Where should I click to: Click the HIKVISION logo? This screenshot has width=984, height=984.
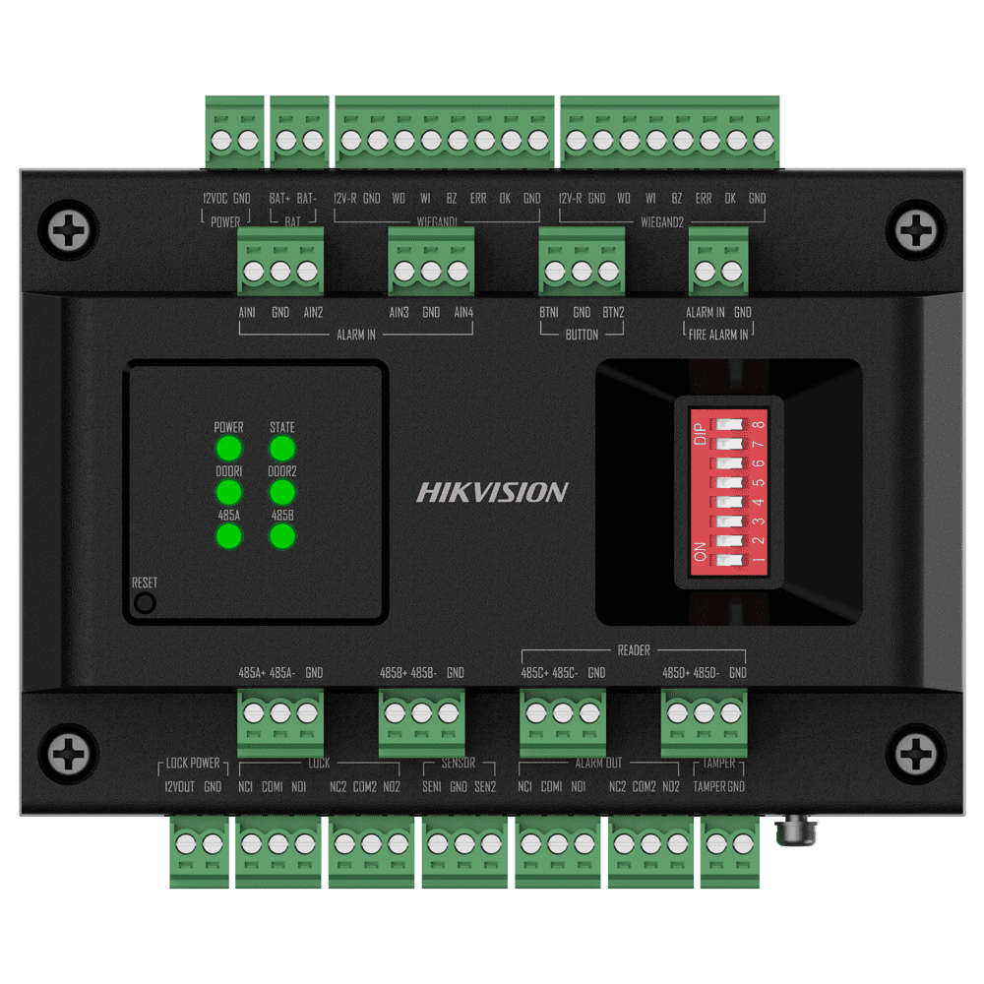(492, 492)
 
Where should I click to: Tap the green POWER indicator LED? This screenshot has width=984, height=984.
(228, 450)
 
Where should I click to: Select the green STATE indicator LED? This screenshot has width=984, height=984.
(282, 450)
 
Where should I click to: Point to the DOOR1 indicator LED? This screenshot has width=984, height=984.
(228, 493)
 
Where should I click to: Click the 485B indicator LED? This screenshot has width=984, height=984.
(282, 536)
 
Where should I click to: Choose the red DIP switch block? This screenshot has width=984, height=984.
(728, 492)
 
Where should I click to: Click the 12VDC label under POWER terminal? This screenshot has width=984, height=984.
(215, 199)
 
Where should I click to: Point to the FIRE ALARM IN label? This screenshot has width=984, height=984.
(717, 335)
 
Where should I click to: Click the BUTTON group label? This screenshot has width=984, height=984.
(582, 335)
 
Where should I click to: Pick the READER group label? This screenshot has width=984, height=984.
(634, 650)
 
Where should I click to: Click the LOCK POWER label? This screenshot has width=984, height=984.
(194, 764)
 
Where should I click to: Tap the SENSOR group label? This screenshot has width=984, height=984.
(458, 764)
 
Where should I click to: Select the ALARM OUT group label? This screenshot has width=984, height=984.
(598, 764)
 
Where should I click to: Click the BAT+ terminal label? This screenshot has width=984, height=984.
(279, 199)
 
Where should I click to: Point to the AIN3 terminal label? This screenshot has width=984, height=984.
(399, 313)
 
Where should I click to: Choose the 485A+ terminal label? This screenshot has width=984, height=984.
(252, 674)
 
